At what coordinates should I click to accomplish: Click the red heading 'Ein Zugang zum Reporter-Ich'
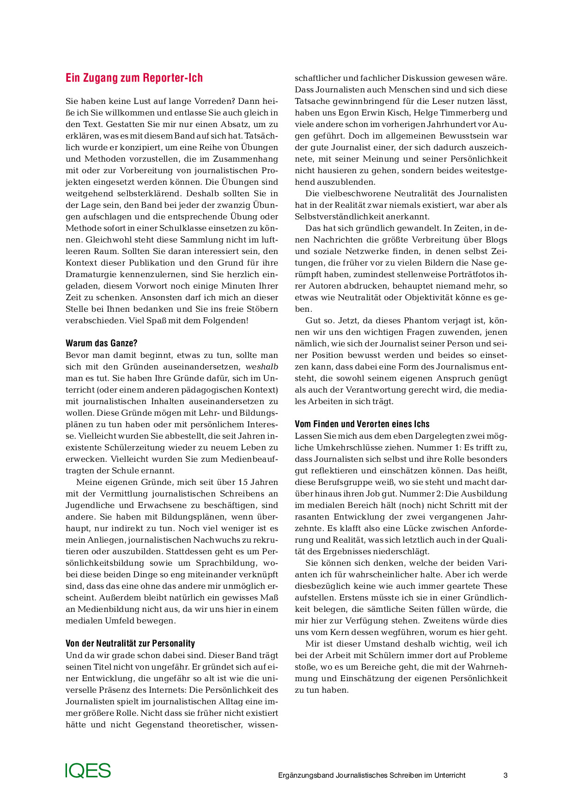[134, 78]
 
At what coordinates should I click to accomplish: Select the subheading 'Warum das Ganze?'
[101, 343]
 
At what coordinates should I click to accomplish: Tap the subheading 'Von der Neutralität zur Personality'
[130, 643]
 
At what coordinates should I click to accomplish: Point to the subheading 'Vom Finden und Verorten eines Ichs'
[362, 424]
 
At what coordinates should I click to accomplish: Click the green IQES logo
[88, 770]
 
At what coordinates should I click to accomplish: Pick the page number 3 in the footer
[505, 775]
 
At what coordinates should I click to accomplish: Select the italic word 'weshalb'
[262, 367]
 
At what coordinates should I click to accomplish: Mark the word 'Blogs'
[496, 240]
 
